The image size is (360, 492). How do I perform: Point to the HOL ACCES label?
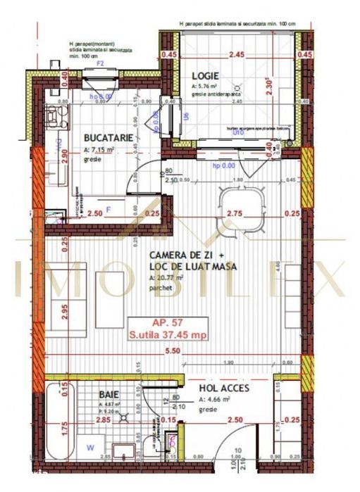[x=225, y=386]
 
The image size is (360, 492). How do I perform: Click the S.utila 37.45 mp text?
[x=166, y=335]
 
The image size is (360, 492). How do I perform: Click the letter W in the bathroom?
[x=89, y=446]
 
